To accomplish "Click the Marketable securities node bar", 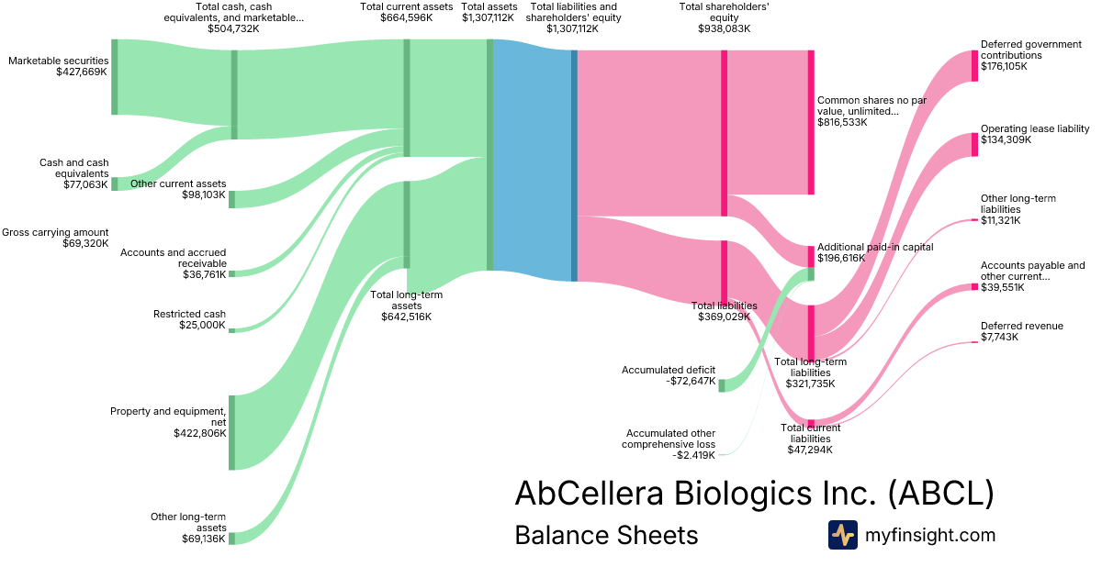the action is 115,77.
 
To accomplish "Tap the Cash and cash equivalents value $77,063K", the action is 85,184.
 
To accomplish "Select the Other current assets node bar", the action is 231,200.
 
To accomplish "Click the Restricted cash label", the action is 189,314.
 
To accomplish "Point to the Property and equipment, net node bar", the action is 231,432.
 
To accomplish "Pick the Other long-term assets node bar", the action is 231,539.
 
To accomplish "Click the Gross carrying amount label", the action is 55,232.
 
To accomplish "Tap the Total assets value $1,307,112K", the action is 488,17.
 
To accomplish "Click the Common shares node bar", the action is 811,122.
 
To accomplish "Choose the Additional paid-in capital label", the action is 875,247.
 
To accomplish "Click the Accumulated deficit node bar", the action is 722,386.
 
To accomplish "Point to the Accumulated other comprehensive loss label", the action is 669,439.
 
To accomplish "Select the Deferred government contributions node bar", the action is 974,66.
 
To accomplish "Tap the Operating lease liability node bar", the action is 974,145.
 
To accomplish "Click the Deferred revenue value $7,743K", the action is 1000,338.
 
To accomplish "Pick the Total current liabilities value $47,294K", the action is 810,450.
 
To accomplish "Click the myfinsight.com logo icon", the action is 843,535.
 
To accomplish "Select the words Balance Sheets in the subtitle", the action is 606,535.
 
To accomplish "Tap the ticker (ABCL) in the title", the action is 941,493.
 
